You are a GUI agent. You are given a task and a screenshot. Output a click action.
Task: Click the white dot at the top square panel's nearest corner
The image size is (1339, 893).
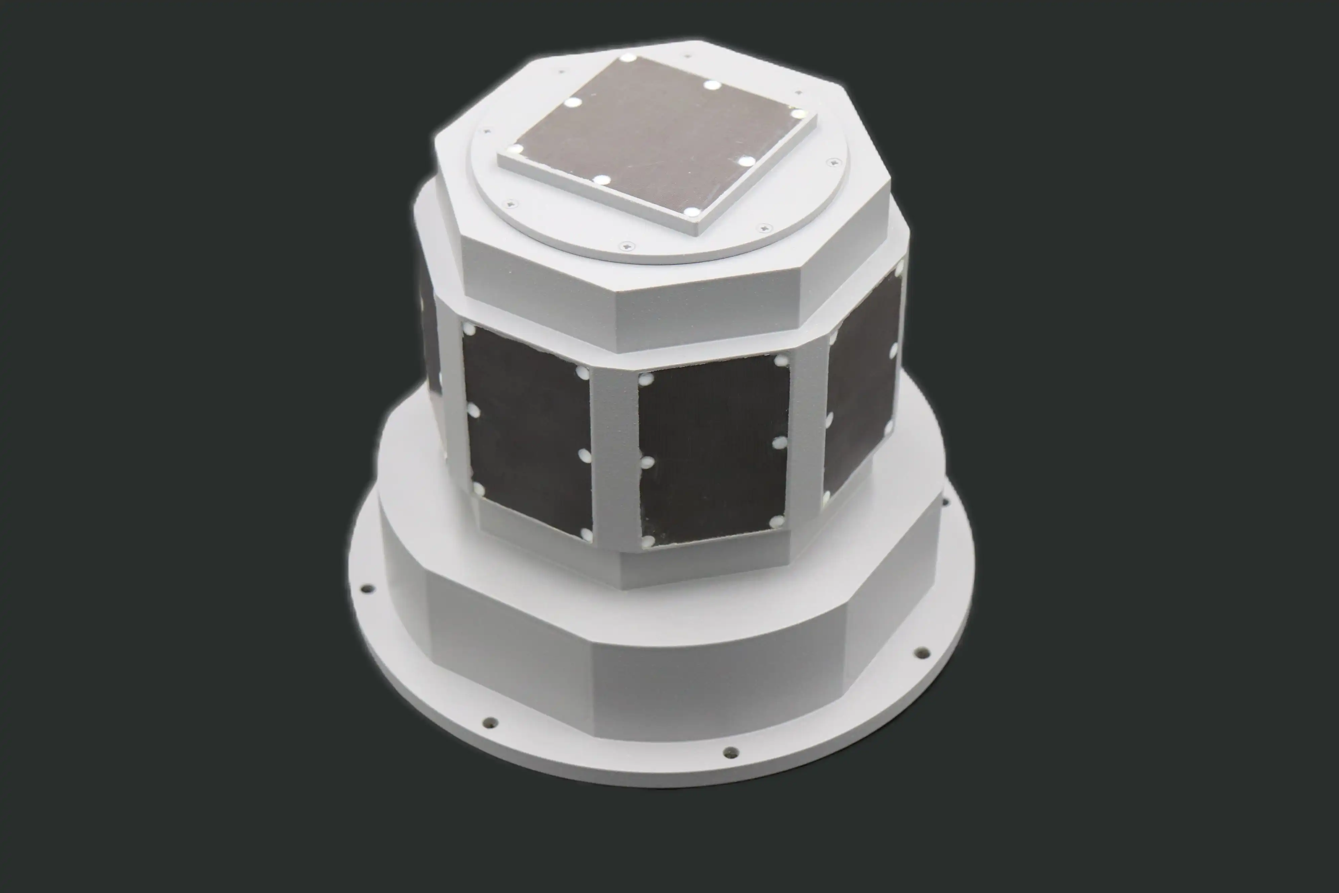691,212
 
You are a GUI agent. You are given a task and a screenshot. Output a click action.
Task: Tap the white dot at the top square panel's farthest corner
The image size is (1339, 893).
627,57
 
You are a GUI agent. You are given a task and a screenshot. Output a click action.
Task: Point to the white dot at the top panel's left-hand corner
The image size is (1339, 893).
516,150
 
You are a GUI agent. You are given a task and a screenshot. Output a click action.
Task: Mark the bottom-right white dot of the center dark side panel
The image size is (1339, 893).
775,522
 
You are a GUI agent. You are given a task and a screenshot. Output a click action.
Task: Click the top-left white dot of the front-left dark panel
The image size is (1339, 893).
470,330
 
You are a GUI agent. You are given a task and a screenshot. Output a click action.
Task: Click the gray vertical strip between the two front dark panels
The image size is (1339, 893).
614,456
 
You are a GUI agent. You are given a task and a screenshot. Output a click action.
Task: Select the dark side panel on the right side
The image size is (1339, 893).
860,393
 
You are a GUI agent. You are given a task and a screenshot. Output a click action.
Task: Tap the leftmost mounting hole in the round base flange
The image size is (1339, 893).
368,587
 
